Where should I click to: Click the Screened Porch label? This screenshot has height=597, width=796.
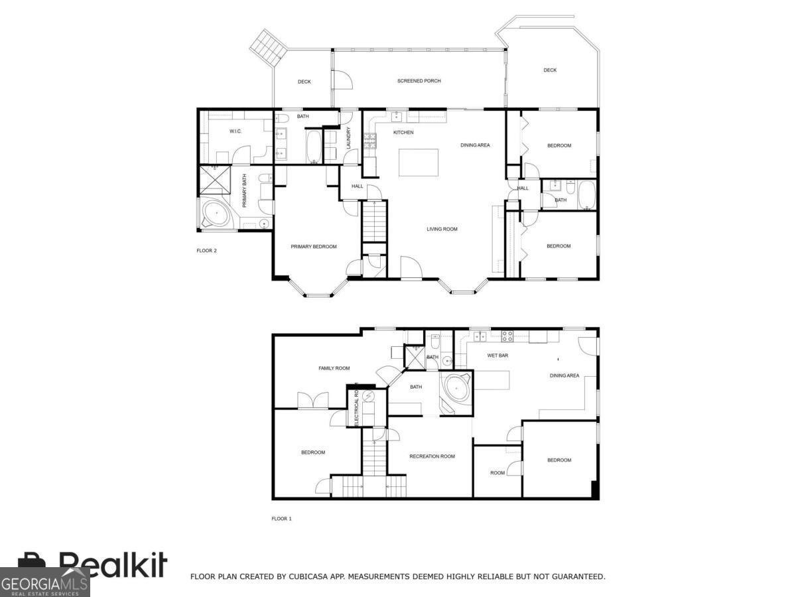(419, 81)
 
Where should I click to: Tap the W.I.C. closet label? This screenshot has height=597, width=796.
(235, 131)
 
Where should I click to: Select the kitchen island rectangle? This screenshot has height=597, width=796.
(419, 163)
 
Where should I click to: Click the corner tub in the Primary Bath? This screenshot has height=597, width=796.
(216, 213)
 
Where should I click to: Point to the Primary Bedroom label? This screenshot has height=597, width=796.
(314, 247)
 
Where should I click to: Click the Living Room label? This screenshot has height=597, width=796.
(442, 229)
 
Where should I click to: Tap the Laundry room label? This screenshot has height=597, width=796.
(349, 138)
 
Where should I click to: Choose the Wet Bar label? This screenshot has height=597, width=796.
(497, 356)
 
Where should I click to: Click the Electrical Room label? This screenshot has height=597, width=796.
(356, 404)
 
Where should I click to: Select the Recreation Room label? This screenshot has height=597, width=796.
(432, 456)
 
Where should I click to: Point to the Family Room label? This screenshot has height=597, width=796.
(334, 368)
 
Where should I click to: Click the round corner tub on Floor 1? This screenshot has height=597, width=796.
(456, 390)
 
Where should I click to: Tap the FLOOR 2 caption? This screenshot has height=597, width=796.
(207, 251)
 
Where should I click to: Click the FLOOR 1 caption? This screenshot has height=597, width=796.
(281, 519)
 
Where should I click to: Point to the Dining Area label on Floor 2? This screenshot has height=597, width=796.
(475, 145)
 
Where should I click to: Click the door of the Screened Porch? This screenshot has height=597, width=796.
(342, 80)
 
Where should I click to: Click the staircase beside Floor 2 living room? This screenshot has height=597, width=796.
(374, 222)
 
